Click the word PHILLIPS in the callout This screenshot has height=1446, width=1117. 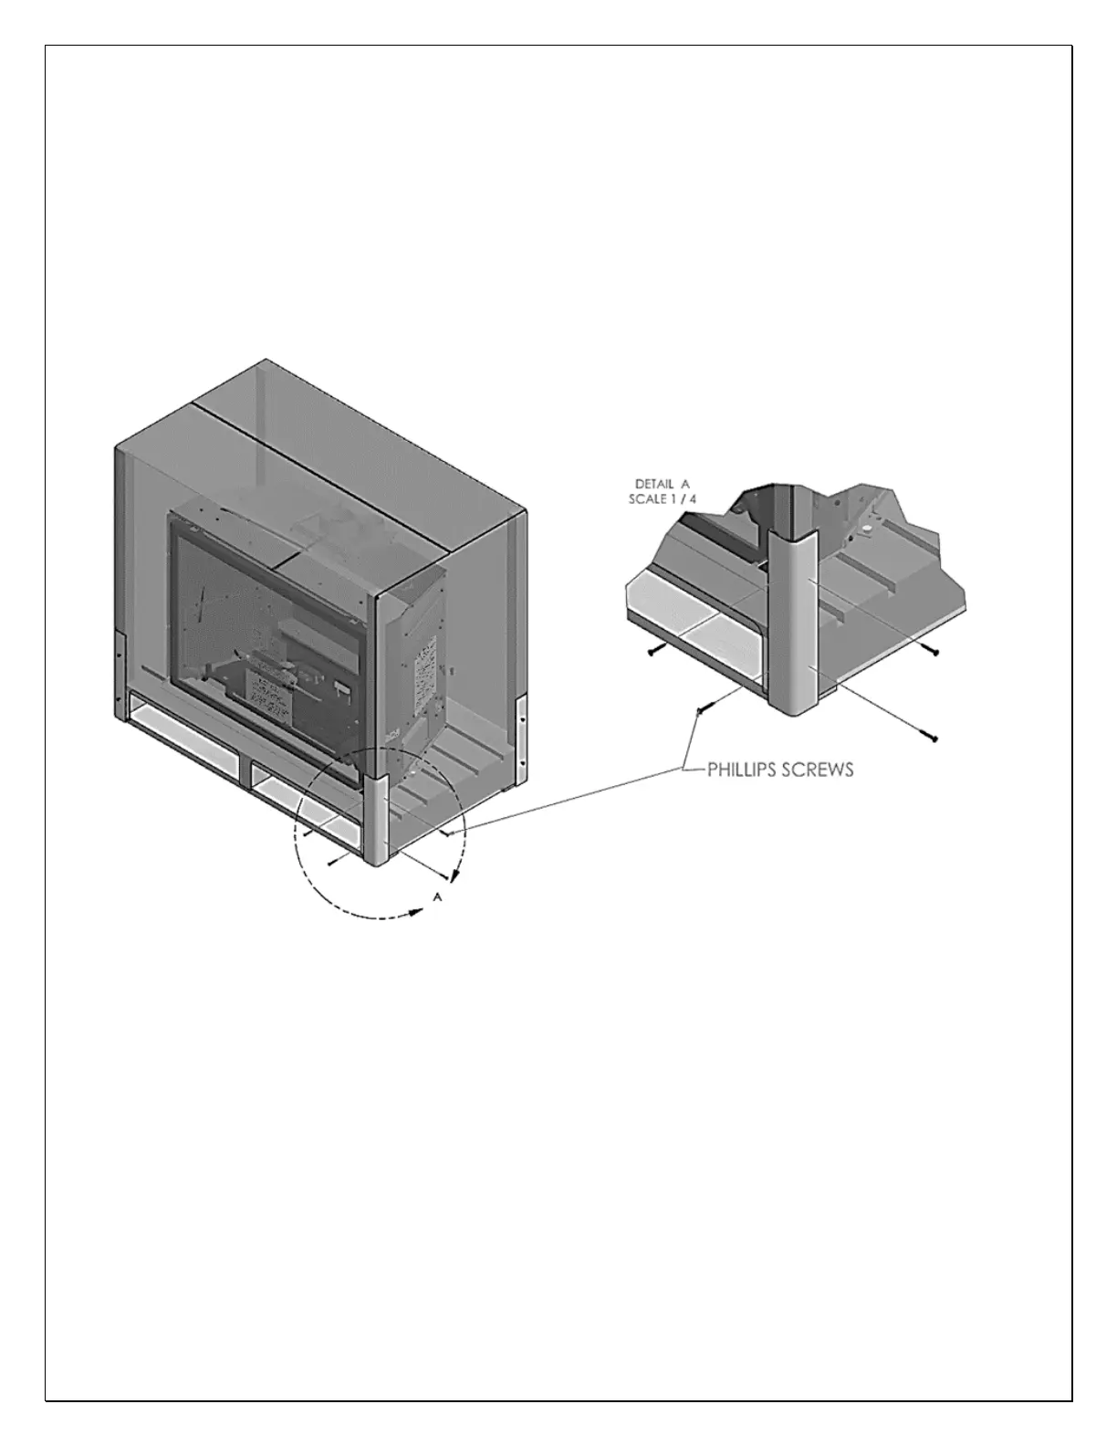(744, 770)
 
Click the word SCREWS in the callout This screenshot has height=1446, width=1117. (819, 770)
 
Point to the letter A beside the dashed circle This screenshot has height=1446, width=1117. (438, 898)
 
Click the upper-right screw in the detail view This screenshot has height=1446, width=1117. (929, 650)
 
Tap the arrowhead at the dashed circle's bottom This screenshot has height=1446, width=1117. (421, 909)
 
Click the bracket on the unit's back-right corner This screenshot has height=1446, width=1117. (521, 730)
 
